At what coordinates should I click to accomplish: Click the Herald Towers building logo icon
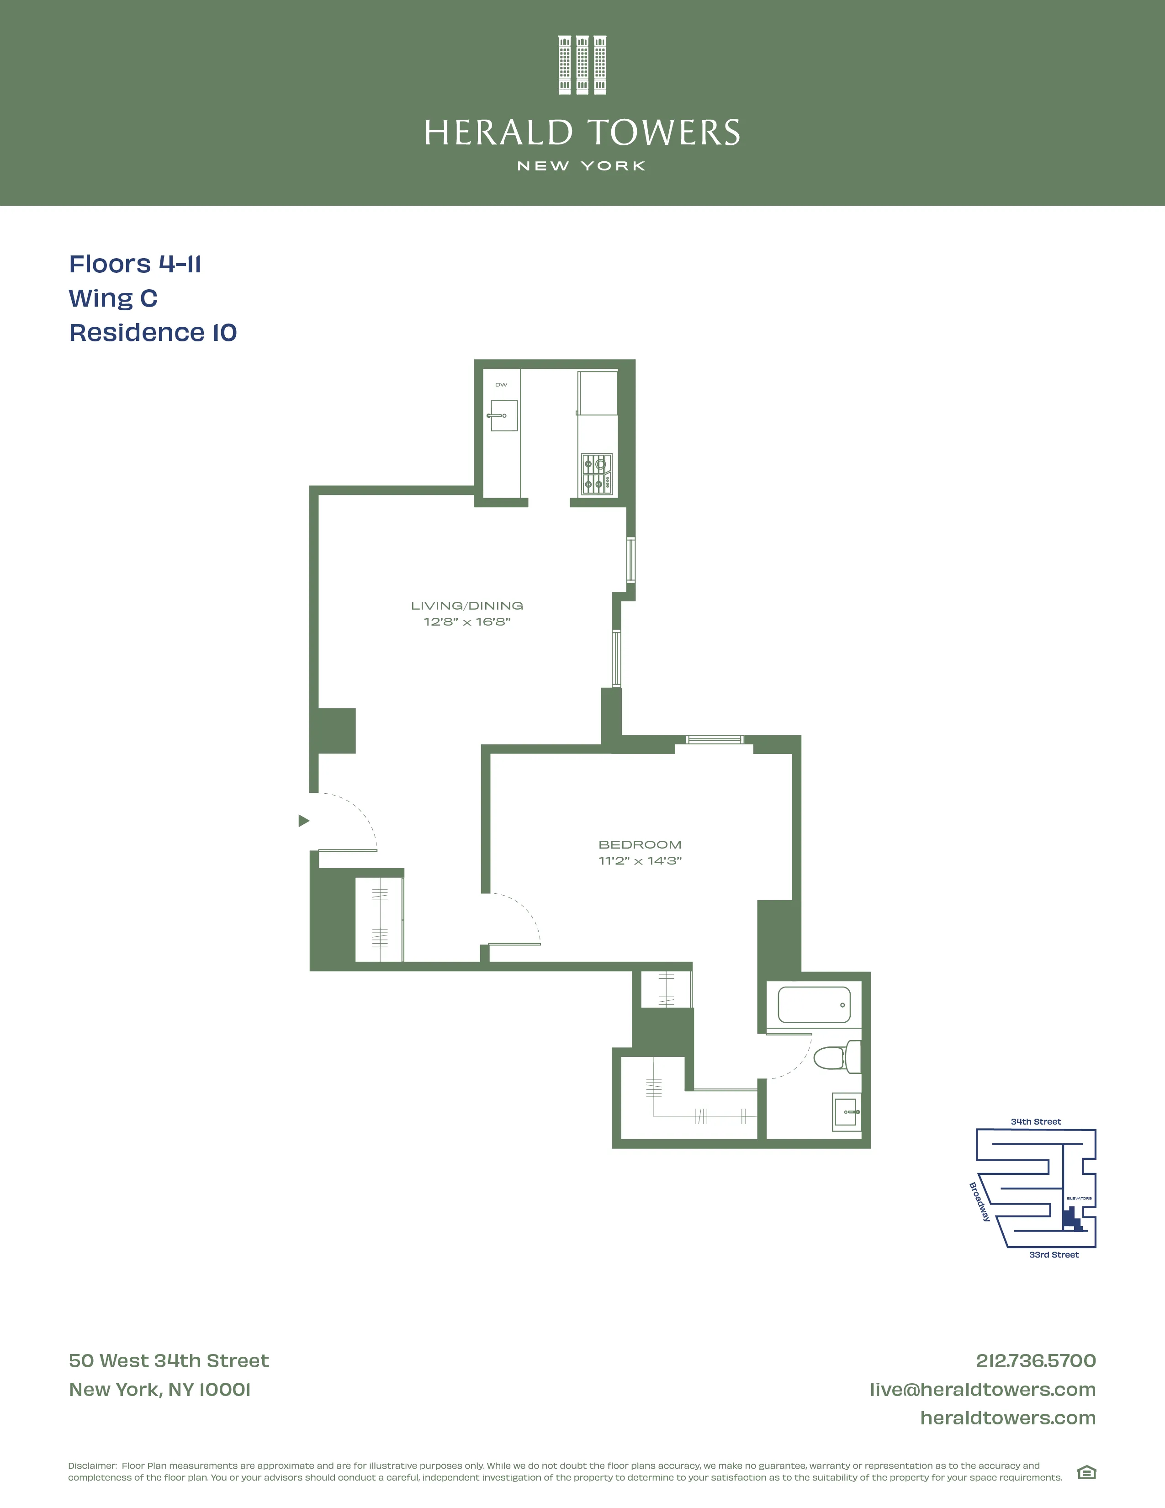click(582, 65)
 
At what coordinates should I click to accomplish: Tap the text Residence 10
click(153, 332)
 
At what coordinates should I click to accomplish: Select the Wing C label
click(113, 298)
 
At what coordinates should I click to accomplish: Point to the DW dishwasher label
click(501, 385)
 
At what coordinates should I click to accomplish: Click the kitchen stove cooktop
click(596, 474)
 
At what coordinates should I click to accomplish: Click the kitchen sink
click(504, 416)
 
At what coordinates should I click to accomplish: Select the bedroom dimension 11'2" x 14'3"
click(639, 860)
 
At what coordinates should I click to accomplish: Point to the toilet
click(837, 1057)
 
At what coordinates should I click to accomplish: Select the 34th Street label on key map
click(1035, 1121)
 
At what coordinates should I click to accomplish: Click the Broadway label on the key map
click(980, 1201)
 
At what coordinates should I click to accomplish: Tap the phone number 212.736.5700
click(1035, 1360)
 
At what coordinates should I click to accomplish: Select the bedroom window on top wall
click(715, 739)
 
